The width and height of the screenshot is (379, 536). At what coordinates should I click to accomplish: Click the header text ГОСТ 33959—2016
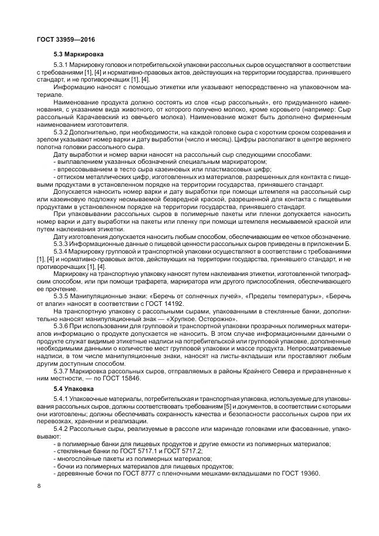57,40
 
